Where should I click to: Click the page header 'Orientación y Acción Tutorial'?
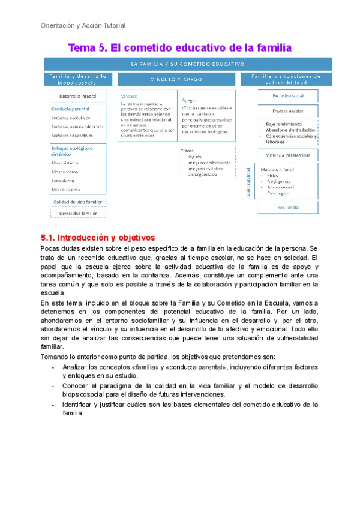83,26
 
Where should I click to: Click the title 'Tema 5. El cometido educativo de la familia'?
179,47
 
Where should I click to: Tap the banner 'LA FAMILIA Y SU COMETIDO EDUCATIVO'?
187,63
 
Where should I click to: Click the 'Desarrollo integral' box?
78,96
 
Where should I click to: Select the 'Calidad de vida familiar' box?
78,202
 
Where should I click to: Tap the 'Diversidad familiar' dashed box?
78,213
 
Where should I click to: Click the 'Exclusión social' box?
287,95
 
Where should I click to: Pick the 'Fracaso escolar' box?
287,110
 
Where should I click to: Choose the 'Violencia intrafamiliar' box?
287,155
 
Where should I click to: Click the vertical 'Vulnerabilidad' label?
248,182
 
